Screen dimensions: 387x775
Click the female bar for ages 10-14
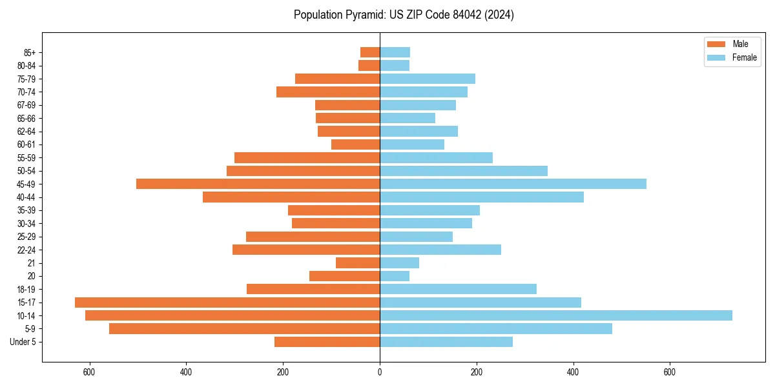point(555,315)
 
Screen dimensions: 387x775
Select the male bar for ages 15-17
point(227,303)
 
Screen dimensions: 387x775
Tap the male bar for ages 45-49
point(258,184)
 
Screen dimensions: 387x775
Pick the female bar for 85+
point(395,52)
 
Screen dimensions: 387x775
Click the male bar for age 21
point(358,263)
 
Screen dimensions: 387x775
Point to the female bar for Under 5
point(446,342)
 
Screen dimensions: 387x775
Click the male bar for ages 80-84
point(369,66)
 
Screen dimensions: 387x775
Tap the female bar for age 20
point(395,276)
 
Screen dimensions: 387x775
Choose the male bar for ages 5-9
point(244,329)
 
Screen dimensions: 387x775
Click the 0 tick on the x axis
point(380,372)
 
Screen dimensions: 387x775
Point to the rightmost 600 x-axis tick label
point(670,372)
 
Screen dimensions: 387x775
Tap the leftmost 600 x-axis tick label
point(89,372)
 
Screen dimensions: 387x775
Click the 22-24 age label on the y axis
point(26,250)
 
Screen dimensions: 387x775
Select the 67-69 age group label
point(26,105)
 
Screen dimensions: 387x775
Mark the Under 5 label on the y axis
point(23,342)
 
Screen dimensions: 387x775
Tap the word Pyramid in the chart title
point(362,15)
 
